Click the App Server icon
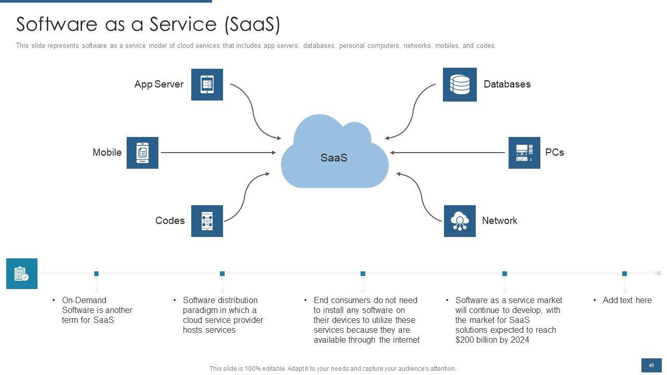[x=207, y=84]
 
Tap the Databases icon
[x=460, y=84]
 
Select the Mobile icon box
[x=142, y=153]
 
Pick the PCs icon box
[x=524, y=153]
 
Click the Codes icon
[x=207, y=221]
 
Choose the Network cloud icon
[x=460, y=221]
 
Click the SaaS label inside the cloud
[x=334, y=158]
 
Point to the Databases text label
[x=507, y=84]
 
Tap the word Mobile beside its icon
[x=107, y=153]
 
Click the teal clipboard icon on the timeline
[x=22, y=273]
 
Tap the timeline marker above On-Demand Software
[x=96, y=274]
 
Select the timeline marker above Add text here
[x=624, y=274]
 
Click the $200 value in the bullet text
[x=465, y=340]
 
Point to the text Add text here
[x=627, y=301]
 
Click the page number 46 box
[x=651, y=365]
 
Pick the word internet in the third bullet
[x=405, y=340]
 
